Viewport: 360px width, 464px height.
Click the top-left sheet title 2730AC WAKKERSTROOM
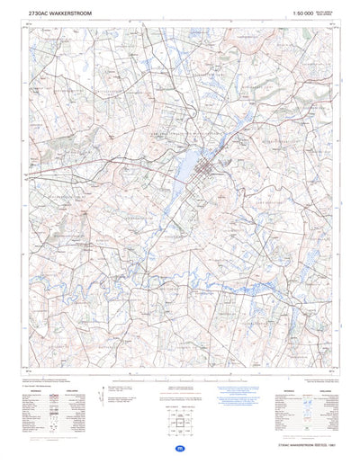pyautogui.click(x=59, y=14)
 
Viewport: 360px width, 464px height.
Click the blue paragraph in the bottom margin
pyautogui.click(x=236, y=395)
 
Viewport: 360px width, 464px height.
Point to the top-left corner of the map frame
pyautogui.click(x=20, y=26)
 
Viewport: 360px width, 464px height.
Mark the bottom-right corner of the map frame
pyautogui.click(x=341, y=368)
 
